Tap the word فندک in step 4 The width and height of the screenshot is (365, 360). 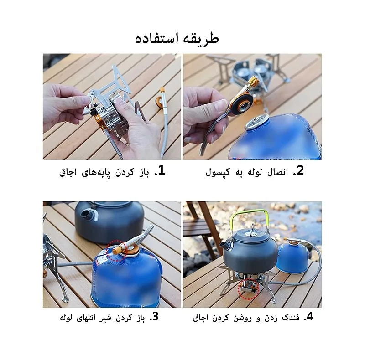click(291, 318)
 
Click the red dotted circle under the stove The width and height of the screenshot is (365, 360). click(248, 289)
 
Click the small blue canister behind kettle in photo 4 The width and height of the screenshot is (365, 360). click(292, 258)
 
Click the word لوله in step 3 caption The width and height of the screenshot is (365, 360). click(67, 318)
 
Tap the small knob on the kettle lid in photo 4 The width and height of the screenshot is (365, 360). click(251, 229)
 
